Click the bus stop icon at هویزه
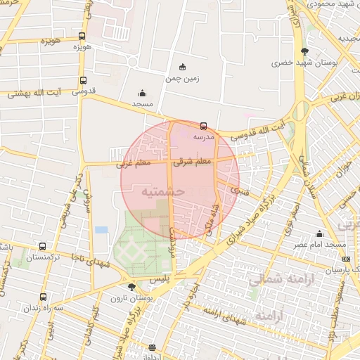click(82, 36)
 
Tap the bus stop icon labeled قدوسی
click(84, 80)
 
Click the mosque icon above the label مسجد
click(143, 93)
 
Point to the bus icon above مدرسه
click(204, 126)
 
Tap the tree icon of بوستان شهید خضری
click(304, 51)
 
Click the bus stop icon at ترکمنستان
click(43, 247)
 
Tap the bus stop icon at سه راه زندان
click(43, 297)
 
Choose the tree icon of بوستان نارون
click(131, 286)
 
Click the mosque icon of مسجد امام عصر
click(320, 233)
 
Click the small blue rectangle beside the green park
click(102, 230)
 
